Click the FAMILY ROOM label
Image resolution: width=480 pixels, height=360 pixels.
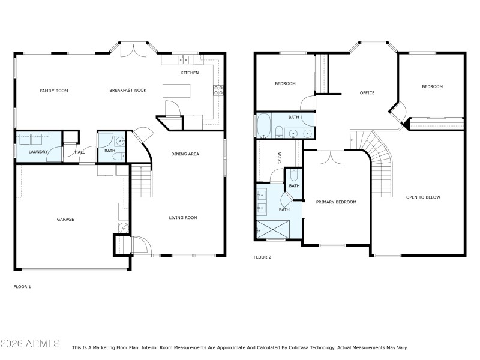pyautogui.click(x=54, y=91)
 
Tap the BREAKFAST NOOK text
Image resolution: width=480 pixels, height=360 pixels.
pyautogui.click(x=128, y=91)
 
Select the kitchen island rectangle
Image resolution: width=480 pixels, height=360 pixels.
pyautogui.click(x=176, y=91)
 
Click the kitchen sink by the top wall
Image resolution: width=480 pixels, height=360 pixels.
pyautogui.click(x=184, y=59)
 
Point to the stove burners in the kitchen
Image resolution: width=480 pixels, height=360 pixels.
pyautogui.click(x=218, y=91)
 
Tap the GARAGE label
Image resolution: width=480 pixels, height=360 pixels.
pyautogui.click(x=65, y=220)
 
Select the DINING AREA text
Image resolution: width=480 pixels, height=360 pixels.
pyautogui.click(x=185, y=154)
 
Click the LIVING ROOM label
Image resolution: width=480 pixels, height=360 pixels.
pyautogui.click(x=183, y=218)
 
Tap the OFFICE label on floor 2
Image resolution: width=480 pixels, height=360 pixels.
pyautogui.click(x=367, y=93)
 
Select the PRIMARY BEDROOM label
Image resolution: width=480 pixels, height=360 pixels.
pyautogui.click(x=336, y=202)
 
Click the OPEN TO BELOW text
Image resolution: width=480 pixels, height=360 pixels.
pyautogui.click(x=423, y=197)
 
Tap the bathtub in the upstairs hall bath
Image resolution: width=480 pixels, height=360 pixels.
pyautogui.click(x=264, y=127)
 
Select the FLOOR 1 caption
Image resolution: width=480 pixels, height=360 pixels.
pyautogui.click(x=22, y=287)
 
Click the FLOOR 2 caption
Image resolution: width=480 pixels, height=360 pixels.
pyautogui.click(x=262, y=257)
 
